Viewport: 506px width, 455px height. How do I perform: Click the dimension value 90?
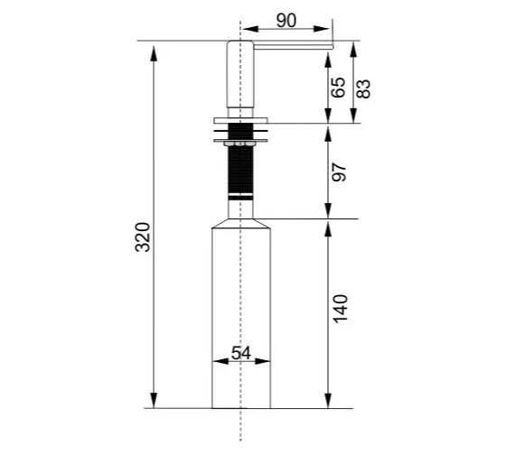[286, 21]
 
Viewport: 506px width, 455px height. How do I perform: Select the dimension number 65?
[339, 88]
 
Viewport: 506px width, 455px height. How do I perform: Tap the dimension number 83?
[363, 88]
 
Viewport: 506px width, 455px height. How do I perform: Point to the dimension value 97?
[339, 172]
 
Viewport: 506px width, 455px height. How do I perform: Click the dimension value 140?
[341, 309]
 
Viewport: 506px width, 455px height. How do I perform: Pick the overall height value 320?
[143, 237]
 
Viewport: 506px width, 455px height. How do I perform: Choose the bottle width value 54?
[241, 353]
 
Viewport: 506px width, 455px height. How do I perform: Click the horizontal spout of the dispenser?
[293, 47]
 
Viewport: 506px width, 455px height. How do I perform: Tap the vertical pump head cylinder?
[240, 74]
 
